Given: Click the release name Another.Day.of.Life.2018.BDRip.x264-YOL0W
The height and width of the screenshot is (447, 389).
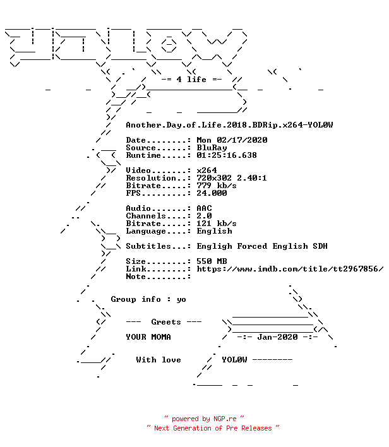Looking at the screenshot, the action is (x=229, y=125).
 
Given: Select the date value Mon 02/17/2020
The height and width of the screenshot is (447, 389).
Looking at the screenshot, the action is (x=232, y=140).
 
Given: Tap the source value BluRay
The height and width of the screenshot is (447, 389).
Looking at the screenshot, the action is (x=212, y=148).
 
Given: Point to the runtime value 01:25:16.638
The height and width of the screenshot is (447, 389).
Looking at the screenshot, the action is (x=227, y=155).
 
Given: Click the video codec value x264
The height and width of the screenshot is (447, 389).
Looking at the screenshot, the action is (x=206, y=170).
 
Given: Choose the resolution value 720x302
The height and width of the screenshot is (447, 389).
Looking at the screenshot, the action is (x=214, y=178).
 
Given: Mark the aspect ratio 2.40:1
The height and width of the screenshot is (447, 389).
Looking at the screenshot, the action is (x=252, y=178).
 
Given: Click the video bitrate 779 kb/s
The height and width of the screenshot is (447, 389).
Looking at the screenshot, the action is (x=217, y=186).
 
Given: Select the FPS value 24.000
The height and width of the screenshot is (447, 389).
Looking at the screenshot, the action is (x=212, y=193).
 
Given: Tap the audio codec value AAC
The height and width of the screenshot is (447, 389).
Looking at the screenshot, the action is (x=204, y=208).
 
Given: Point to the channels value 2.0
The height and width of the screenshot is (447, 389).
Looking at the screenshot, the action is (x=204, y=216).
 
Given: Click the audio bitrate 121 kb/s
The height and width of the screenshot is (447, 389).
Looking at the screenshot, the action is (x=217, y=223).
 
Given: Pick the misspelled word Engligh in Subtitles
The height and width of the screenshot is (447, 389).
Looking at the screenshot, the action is (x=214, y=247).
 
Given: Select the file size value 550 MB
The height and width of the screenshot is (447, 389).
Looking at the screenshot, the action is (x=212, y=261).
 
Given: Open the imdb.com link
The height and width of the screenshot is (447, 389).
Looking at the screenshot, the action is (x=290, y=269).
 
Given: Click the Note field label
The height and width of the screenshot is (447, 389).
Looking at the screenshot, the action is (x=136, y=277).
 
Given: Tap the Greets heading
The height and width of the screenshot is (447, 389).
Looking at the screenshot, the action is (x=166, y=322).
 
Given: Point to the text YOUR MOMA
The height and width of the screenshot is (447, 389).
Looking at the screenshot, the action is (x=148, y=337).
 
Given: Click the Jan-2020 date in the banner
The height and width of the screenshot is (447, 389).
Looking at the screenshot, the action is (x=277, y=337).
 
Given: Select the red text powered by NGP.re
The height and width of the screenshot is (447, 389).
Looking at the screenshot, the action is (x=204, y=419).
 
